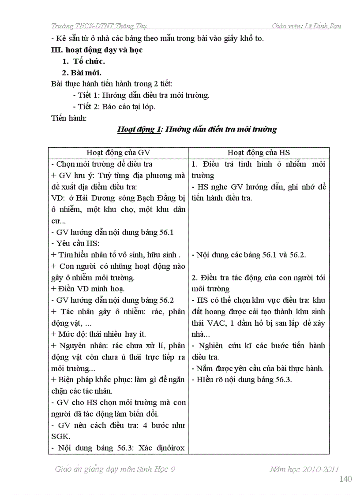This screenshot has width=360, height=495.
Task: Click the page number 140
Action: pos(345,479)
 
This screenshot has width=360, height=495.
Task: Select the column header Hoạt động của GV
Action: pos(118,153)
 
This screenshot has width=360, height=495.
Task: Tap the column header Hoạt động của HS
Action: pos(259,153)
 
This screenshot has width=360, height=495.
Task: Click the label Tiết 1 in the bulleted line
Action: pos(86,95)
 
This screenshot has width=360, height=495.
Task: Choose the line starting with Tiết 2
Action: pos(114,107)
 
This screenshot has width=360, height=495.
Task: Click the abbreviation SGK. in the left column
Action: pos(60,436)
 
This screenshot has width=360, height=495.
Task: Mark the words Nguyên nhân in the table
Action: pos(77,346)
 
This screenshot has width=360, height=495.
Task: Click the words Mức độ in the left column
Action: pos(70,334)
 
